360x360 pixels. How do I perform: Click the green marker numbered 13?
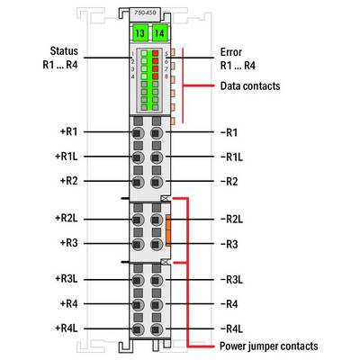pos(139,32)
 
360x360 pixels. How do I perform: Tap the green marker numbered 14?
pos(159,32)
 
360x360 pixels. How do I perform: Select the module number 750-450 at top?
pos(146,13)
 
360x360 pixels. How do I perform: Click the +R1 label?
pos(68,131)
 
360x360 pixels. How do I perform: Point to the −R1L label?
pos(232,157)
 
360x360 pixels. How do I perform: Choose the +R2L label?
pos(67,219)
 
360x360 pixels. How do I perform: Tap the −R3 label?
pos(229,244)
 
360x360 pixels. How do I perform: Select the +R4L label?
pos(67,328)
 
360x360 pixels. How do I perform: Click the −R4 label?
pos(229,304)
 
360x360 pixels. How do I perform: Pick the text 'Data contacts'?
pos(250,86)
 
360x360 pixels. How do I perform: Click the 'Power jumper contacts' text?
pos(269,346)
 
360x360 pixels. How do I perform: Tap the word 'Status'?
pos(64,51)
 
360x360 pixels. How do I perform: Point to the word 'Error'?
pos(231,52)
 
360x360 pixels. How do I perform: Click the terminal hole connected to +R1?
pos(137,132)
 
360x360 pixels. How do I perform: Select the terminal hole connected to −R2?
pos(156,182)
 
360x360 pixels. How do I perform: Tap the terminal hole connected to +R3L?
pos(137,280)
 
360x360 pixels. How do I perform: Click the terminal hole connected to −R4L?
pos(156,329)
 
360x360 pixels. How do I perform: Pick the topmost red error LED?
pos(155,53)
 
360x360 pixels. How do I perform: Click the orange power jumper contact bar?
pos(168,230)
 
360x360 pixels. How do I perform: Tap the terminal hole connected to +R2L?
pos(137,220)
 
